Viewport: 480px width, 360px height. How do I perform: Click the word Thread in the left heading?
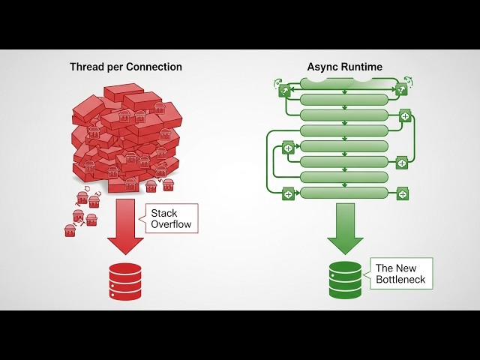tap(86, 67)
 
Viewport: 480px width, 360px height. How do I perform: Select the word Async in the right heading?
tap(322, 67)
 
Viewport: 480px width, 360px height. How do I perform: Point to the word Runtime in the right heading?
tap(362, 67)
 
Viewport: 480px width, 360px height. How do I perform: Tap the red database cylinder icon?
tap(125, 281)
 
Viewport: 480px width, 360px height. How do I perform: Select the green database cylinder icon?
tap(345, 280)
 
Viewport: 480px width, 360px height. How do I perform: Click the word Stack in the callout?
tap(163, 213)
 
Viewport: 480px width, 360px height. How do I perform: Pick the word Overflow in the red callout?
tap(172, 224)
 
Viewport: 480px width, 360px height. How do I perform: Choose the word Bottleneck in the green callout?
tap(400, 280)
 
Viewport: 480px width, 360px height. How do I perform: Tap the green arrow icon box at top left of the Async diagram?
tap(284, 91)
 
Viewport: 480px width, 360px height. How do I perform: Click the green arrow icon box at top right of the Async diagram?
tap(402, 91)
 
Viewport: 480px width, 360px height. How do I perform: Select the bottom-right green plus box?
tap(403, 194)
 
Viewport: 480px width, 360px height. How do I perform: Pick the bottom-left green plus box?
tap(287, 193)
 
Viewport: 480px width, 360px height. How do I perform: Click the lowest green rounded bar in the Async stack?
tap(344, 193)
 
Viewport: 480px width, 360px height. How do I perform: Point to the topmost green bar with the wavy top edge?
tap(344, 85)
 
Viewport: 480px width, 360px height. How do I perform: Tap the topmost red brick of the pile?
tap(124, 92)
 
